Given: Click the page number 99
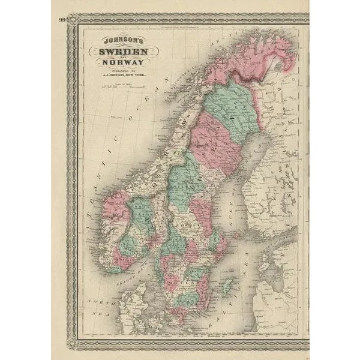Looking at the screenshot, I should coord(63,20).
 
